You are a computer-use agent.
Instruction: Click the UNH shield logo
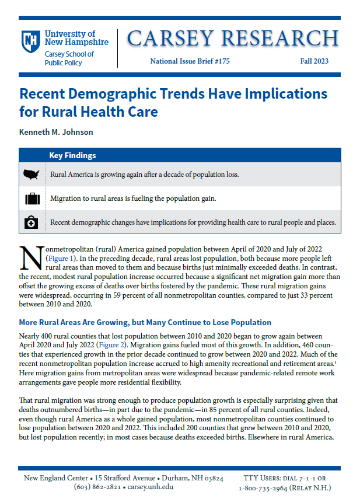pos(31,41)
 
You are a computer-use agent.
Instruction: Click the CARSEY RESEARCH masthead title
pos(233,39)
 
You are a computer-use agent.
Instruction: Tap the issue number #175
pos(222,61)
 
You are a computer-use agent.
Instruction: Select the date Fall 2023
pos(314,61)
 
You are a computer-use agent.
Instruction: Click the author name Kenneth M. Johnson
pos(56,133)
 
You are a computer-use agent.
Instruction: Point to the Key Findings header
pos(72,156)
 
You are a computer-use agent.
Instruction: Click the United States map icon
pos(32,175)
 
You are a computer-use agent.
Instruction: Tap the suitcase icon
pos(32,198)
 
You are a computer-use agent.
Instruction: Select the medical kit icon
pos(31,222)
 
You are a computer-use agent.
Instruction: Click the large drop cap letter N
pos(32,258)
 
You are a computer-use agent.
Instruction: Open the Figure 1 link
pos(61,259)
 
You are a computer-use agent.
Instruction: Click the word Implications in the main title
pos(286,94)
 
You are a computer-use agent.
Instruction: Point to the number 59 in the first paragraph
pos(117,295)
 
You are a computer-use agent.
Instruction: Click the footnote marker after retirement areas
pos(335,362)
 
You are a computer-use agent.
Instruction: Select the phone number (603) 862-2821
pos(97,487)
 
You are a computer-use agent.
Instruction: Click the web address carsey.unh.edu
pos(151,487)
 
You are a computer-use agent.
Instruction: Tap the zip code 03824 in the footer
pos(214,478)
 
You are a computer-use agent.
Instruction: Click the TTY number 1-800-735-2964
pos(263,489)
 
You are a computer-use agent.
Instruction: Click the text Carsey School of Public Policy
pos(69,58)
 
